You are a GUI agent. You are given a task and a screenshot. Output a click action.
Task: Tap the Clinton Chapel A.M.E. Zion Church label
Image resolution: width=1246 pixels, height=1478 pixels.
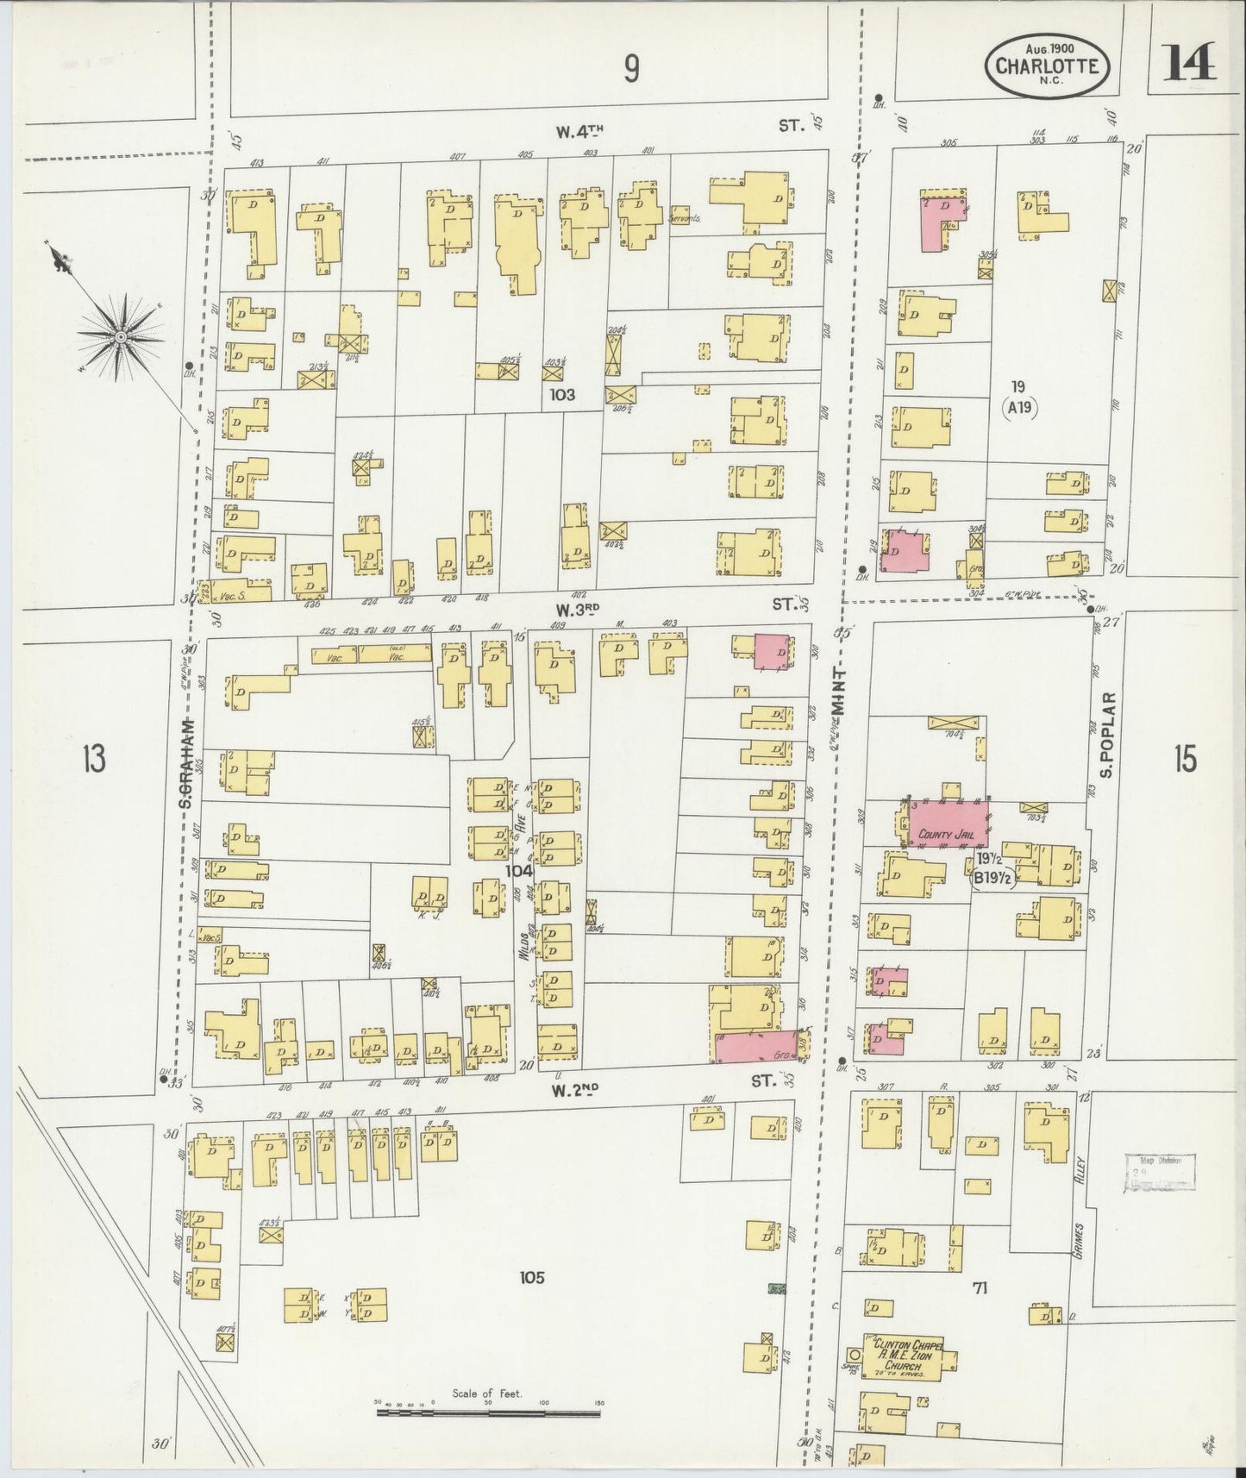pos(909,1368)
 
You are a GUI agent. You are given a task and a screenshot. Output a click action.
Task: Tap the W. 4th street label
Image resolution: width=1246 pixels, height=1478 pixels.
pos(579,131)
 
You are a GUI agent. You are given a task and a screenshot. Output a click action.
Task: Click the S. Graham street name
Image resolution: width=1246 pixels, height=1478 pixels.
pos(184,764)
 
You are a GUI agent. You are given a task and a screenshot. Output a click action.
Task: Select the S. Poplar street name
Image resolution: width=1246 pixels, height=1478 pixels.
pos(1108,733)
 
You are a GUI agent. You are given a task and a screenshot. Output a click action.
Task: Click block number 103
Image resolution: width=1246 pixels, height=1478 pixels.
pos(565,394)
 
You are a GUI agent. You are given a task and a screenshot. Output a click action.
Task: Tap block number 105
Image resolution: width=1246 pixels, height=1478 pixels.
pos(532,1277)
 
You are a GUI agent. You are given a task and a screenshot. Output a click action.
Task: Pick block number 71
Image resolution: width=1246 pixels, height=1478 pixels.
pos(979,1288)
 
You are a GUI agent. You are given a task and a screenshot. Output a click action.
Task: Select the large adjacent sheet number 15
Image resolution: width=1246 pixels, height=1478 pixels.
pos(1185,760)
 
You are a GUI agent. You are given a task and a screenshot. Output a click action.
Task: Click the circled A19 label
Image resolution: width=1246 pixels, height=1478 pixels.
pos(1020,410)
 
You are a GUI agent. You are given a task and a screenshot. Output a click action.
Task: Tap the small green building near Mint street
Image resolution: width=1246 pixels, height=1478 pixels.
pos(778,1289)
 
